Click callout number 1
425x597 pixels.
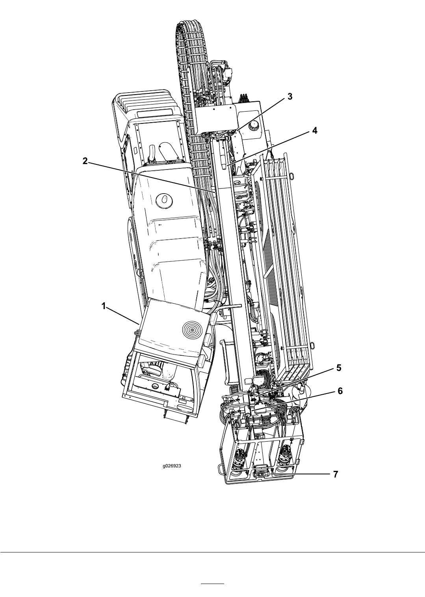point(104,306)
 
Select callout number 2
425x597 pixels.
point(85,161)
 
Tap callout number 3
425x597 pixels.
point(290,97)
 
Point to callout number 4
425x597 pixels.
point(315,131)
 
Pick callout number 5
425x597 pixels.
point(338,368)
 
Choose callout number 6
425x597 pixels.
point(340,391)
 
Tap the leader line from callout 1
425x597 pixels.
point(123,315)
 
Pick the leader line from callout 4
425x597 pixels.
point(269,149)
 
